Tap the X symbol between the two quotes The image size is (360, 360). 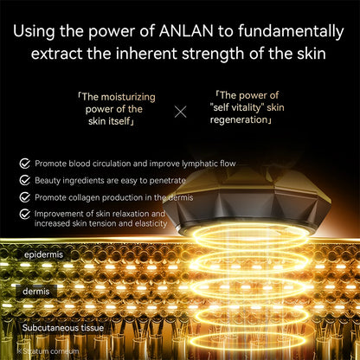point(180,111)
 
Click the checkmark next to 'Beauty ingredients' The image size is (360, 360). point(25,180)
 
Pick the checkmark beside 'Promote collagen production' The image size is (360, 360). point(25,196)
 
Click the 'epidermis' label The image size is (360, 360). point(44,256)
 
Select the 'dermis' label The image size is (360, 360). point(35,292)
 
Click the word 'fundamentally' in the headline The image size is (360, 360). point(289,32)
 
